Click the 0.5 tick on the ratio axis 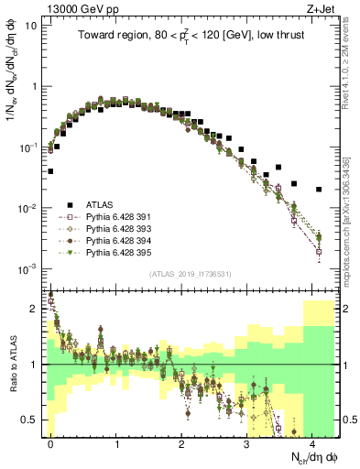point(35,420)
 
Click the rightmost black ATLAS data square point(319,190)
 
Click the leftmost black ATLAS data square point(51,171)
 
